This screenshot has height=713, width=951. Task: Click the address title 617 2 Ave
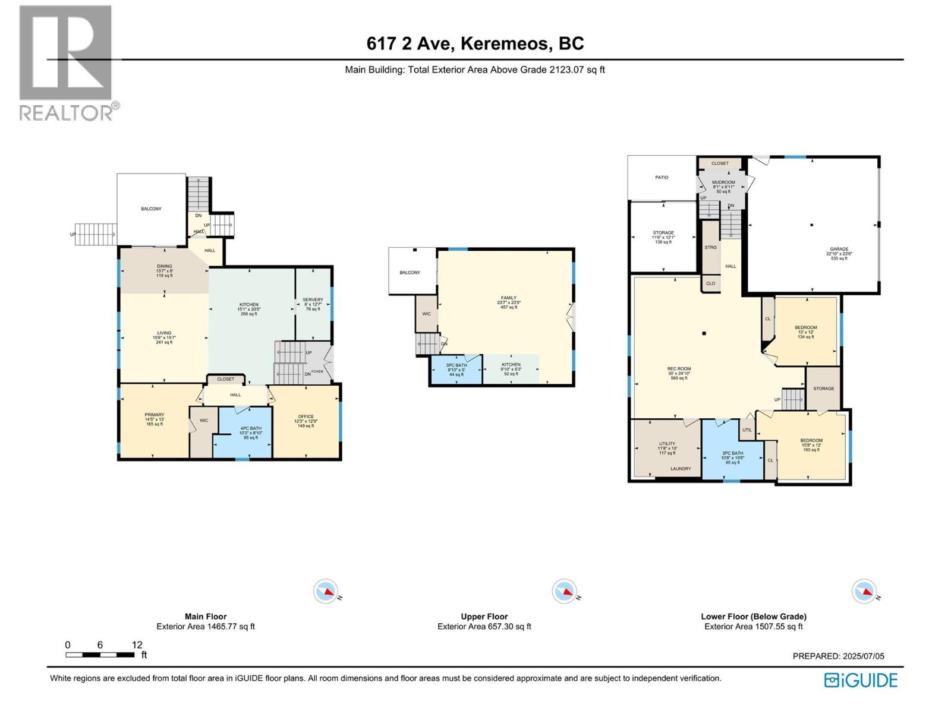475,43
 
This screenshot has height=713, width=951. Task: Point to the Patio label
662,177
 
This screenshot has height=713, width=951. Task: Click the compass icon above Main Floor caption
326,591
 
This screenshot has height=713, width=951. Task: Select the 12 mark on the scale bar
137,645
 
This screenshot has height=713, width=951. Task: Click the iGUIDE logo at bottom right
861,680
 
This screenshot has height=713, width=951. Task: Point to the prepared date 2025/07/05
838,656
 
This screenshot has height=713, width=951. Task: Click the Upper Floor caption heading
484,616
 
